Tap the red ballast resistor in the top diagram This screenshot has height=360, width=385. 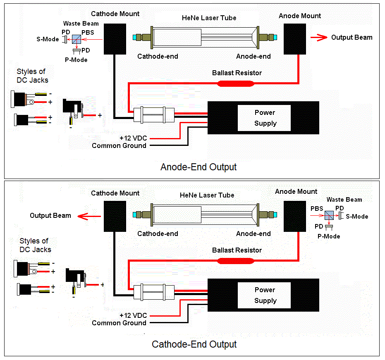click(236, 83)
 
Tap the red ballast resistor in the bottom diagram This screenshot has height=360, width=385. click(236, 261)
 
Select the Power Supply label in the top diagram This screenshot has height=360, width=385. click(265, 118)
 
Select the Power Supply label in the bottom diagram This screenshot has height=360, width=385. click(265, 295)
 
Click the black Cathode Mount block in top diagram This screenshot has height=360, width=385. click(115, 39)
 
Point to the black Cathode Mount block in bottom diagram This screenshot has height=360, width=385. click(115, 217)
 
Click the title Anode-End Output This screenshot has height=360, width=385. click(198, 167)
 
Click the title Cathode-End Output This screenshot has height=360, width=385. click(194, 344)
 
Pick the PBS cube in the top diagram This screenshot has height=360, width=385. click(77, 40)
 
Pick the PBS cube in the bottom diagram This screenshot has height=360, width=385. click(329, 215)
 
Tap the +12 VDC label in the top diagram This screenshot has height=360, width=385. click(133, 138)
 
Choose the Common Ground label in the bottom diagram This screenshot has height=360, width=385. click(119, 323)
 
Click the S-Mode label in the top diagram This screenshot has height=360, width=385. click(48, 40)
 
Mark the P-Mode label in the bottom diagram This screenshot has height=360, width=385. click(329, 236)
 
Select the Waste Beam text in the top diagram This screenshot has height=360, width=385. click(81, 24)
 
